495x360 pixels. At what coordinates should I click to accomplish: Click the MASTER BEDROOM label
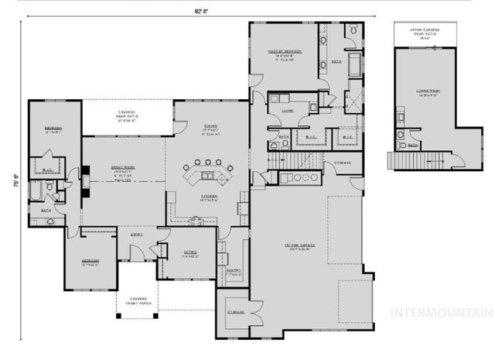(x=284, y=53)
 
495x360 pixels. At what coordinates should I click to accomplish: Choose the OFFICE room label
(x=190, y=253)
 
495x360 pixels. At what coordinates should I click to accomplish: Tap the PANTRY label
(x=235, y=272)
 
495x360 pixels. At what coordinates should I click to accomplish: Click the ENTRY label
(x=136, y=235)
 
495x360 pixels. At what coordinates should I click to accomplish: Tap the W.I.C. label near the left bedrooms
(x=46, y=170)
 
